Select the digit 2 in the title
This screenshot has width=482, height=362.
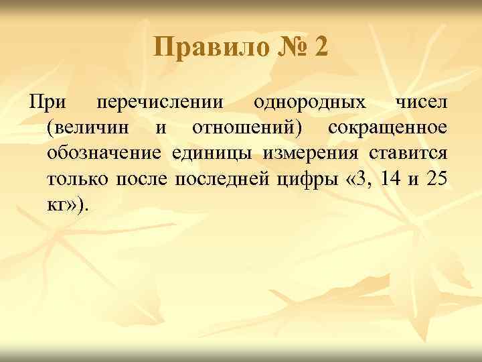click(320, 49)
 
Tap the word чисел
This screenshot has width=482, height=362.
click(421, 103)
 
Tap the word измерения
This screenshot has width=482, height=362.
click(309, 153)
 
